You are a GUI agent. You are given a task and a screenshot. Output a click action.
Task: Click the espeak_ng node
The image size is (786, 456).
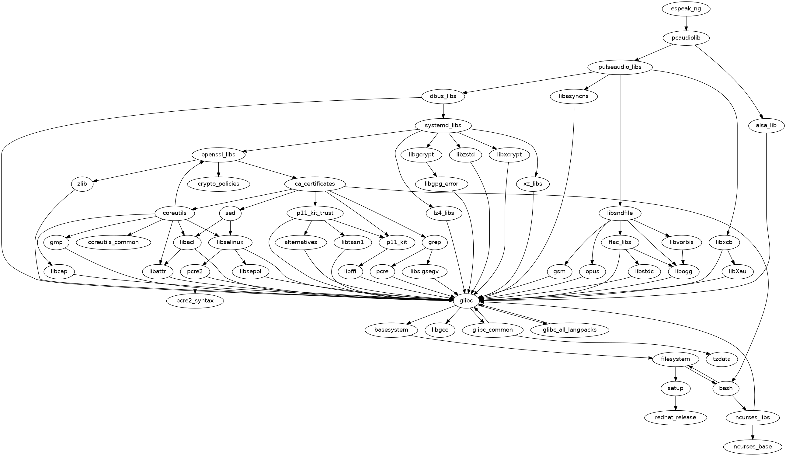686,9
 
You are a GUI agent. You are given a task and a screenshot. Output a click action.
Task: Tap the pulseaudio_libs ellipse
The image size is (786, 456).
620,67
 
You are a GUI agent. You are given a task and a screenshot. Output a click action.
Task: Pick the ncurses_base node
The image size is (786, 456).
753,447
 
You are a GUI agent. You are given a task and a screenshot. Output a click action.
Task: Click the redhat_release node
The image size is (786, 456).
676,417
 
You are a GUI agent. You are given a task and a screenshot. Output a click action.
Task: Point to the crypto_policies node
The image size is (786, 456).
218,184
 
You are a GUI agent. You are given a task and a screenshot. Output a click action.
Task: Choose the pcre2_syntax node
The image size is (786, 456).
195,301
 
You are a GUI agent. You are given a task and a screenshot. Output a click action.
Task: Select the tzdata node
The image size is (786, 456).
722,359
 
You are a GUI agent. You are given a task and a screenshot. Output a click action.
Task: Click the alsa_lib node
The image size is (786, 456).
766,125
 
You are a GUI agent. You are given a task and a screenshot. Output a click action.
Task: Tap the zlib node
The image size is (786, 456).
82,184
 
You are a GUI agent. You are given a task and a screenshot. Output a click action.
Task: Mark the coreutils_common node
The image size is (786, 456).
113,242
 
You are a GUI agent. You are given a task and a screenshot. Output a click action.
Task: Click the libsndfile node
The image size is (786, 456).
620,213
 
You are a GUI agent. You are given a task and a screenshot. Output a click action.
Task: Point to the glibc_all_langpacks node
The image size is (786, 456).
569,330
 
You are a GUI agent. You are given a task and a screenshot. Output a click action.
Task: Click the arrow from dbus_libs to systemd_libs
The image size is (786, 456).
443,111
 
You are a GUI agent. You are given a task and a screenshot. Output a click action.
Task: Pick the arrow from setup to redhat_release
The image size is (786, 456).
676,403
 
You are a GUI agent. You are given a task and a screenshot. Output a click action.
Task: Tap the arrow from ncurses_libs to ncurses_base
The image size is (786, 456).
753,432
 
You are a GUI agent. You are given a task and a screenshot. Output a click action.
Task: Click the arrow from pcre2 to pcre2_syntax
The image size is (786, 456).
195,286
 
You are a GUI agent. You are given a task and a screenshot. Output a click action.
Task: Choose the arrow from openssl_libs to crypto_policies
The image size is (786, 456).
218,169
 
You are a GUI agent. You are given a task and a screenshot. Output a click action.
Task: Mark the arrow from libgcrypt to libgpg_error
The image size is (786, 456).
431,169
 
